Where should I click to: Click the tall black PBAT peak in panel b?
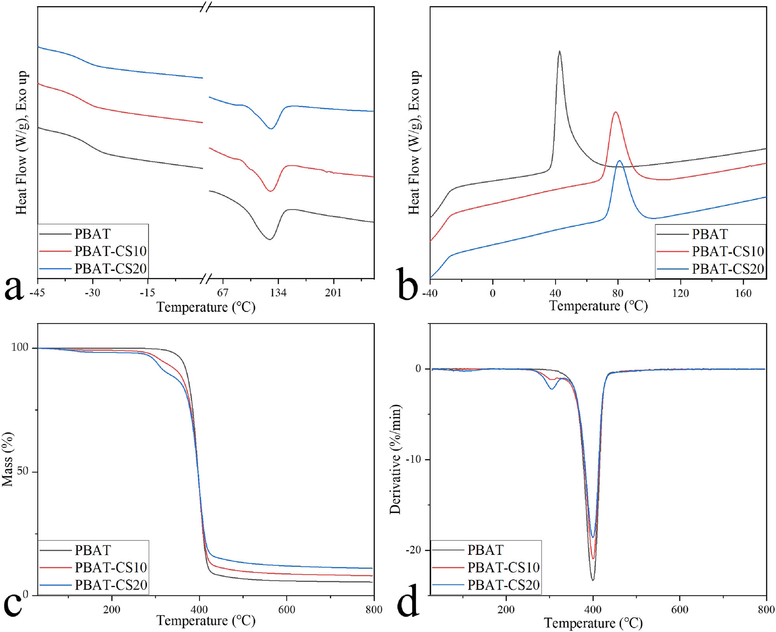pos(559,52)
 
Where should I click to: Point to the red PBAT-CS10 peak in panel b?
pos(615,113)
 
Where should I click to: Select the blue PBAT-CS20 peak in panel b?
pos(619,161)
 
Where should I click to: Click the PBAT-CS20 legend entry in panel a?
pos(110,269)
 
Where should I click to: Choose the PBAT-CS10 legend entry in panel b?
pos(727,252)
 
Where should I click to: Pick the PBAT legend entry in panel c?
pos(93,550)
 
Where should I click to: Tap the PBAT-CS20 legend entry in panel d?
pos(503,585)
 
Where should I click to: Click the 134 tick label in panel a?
pos(278,293)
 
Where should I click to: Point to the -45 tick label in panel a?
pos(37,293)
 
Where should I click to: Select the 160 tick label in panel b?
pos(743,293)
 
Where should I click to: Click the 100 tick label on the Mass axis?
pos(20,347)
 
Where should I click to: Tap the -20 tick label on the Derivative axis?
pos(413,550)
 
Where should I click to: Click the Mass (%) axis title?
pos(8,459)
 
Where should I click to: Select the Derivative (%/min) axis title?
pos(396,460)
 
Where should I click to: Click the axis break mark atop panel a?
pos(206,7)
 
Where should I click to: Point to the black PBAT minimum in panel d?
pos(593,580)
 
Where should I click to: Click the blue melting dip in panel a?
pos(271,128)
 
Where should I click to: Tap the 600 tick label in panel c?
pos(286,610)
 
